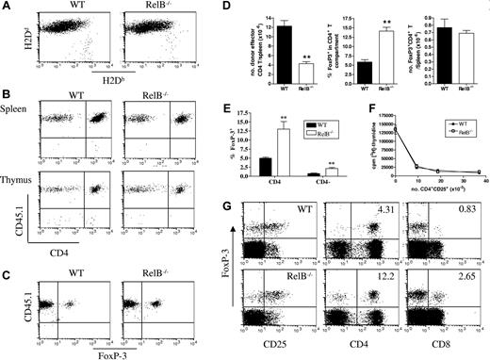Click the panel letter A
(8, 8)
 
